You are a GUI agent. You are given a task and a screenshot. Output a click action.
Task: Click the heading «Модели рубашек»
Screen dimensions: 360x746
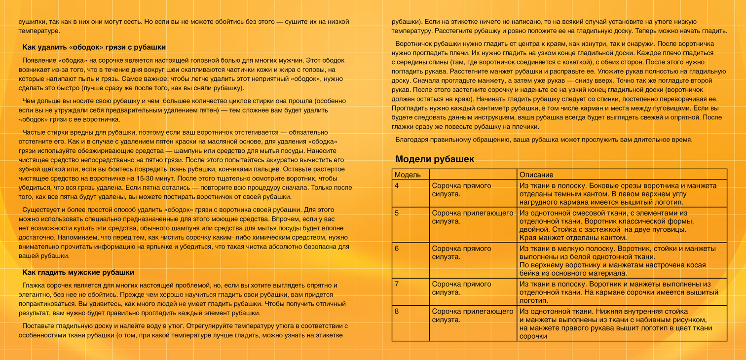tap(435, 159)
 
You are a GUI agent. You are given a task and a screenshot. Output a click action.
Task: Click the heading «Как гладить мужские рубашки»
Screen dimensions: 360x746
tap(78, 272)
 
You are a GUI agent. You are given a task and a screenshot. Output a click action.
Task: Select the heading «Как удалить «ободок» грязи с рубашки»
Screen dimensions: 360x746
tap(94, 47)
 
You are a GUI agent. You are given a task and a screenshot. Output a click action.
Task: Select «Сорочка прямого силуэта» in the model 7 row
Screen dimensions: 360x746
tap(461, 288)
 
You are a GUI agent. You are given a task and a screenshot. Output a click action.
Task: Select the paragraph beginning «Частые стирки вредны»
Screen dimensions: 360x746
tap(185, 165)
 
